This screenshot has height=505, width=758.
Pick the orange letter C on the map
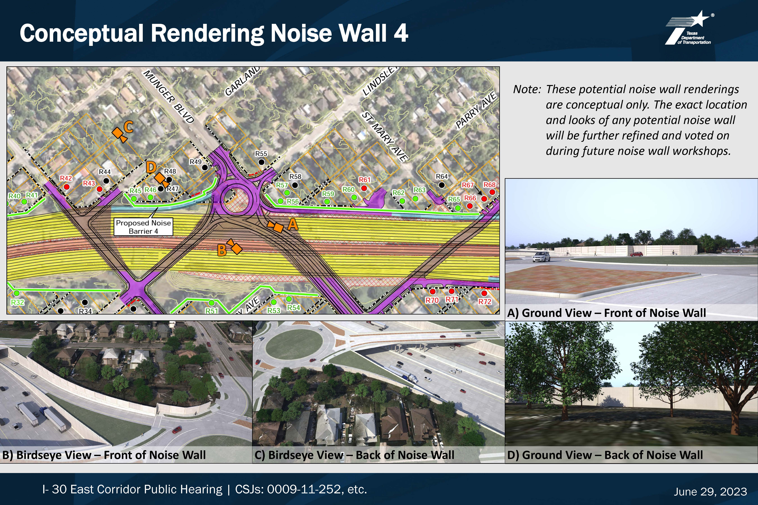tap(128, 127)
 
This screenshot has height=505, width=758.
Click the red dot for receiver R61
tap(364, 188)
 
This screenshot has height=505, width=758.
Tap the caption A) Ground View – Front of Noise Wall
tap(607, 313)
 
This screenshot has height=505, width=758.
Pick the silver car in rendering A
tap(541, 257)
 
